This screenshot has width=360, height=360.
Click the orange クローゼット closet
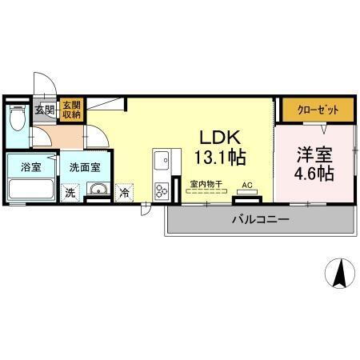(x=317, y=110)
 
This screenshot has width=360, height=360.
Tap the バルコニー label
(x=261, y=218)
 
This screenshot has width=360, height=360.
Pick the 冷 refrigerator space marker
(x=125, y=192)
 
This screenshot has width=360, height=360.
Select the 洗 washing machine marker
(x=70, y=192)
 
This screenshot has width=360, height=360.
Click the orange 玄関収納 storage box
(x=71, y=110)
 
